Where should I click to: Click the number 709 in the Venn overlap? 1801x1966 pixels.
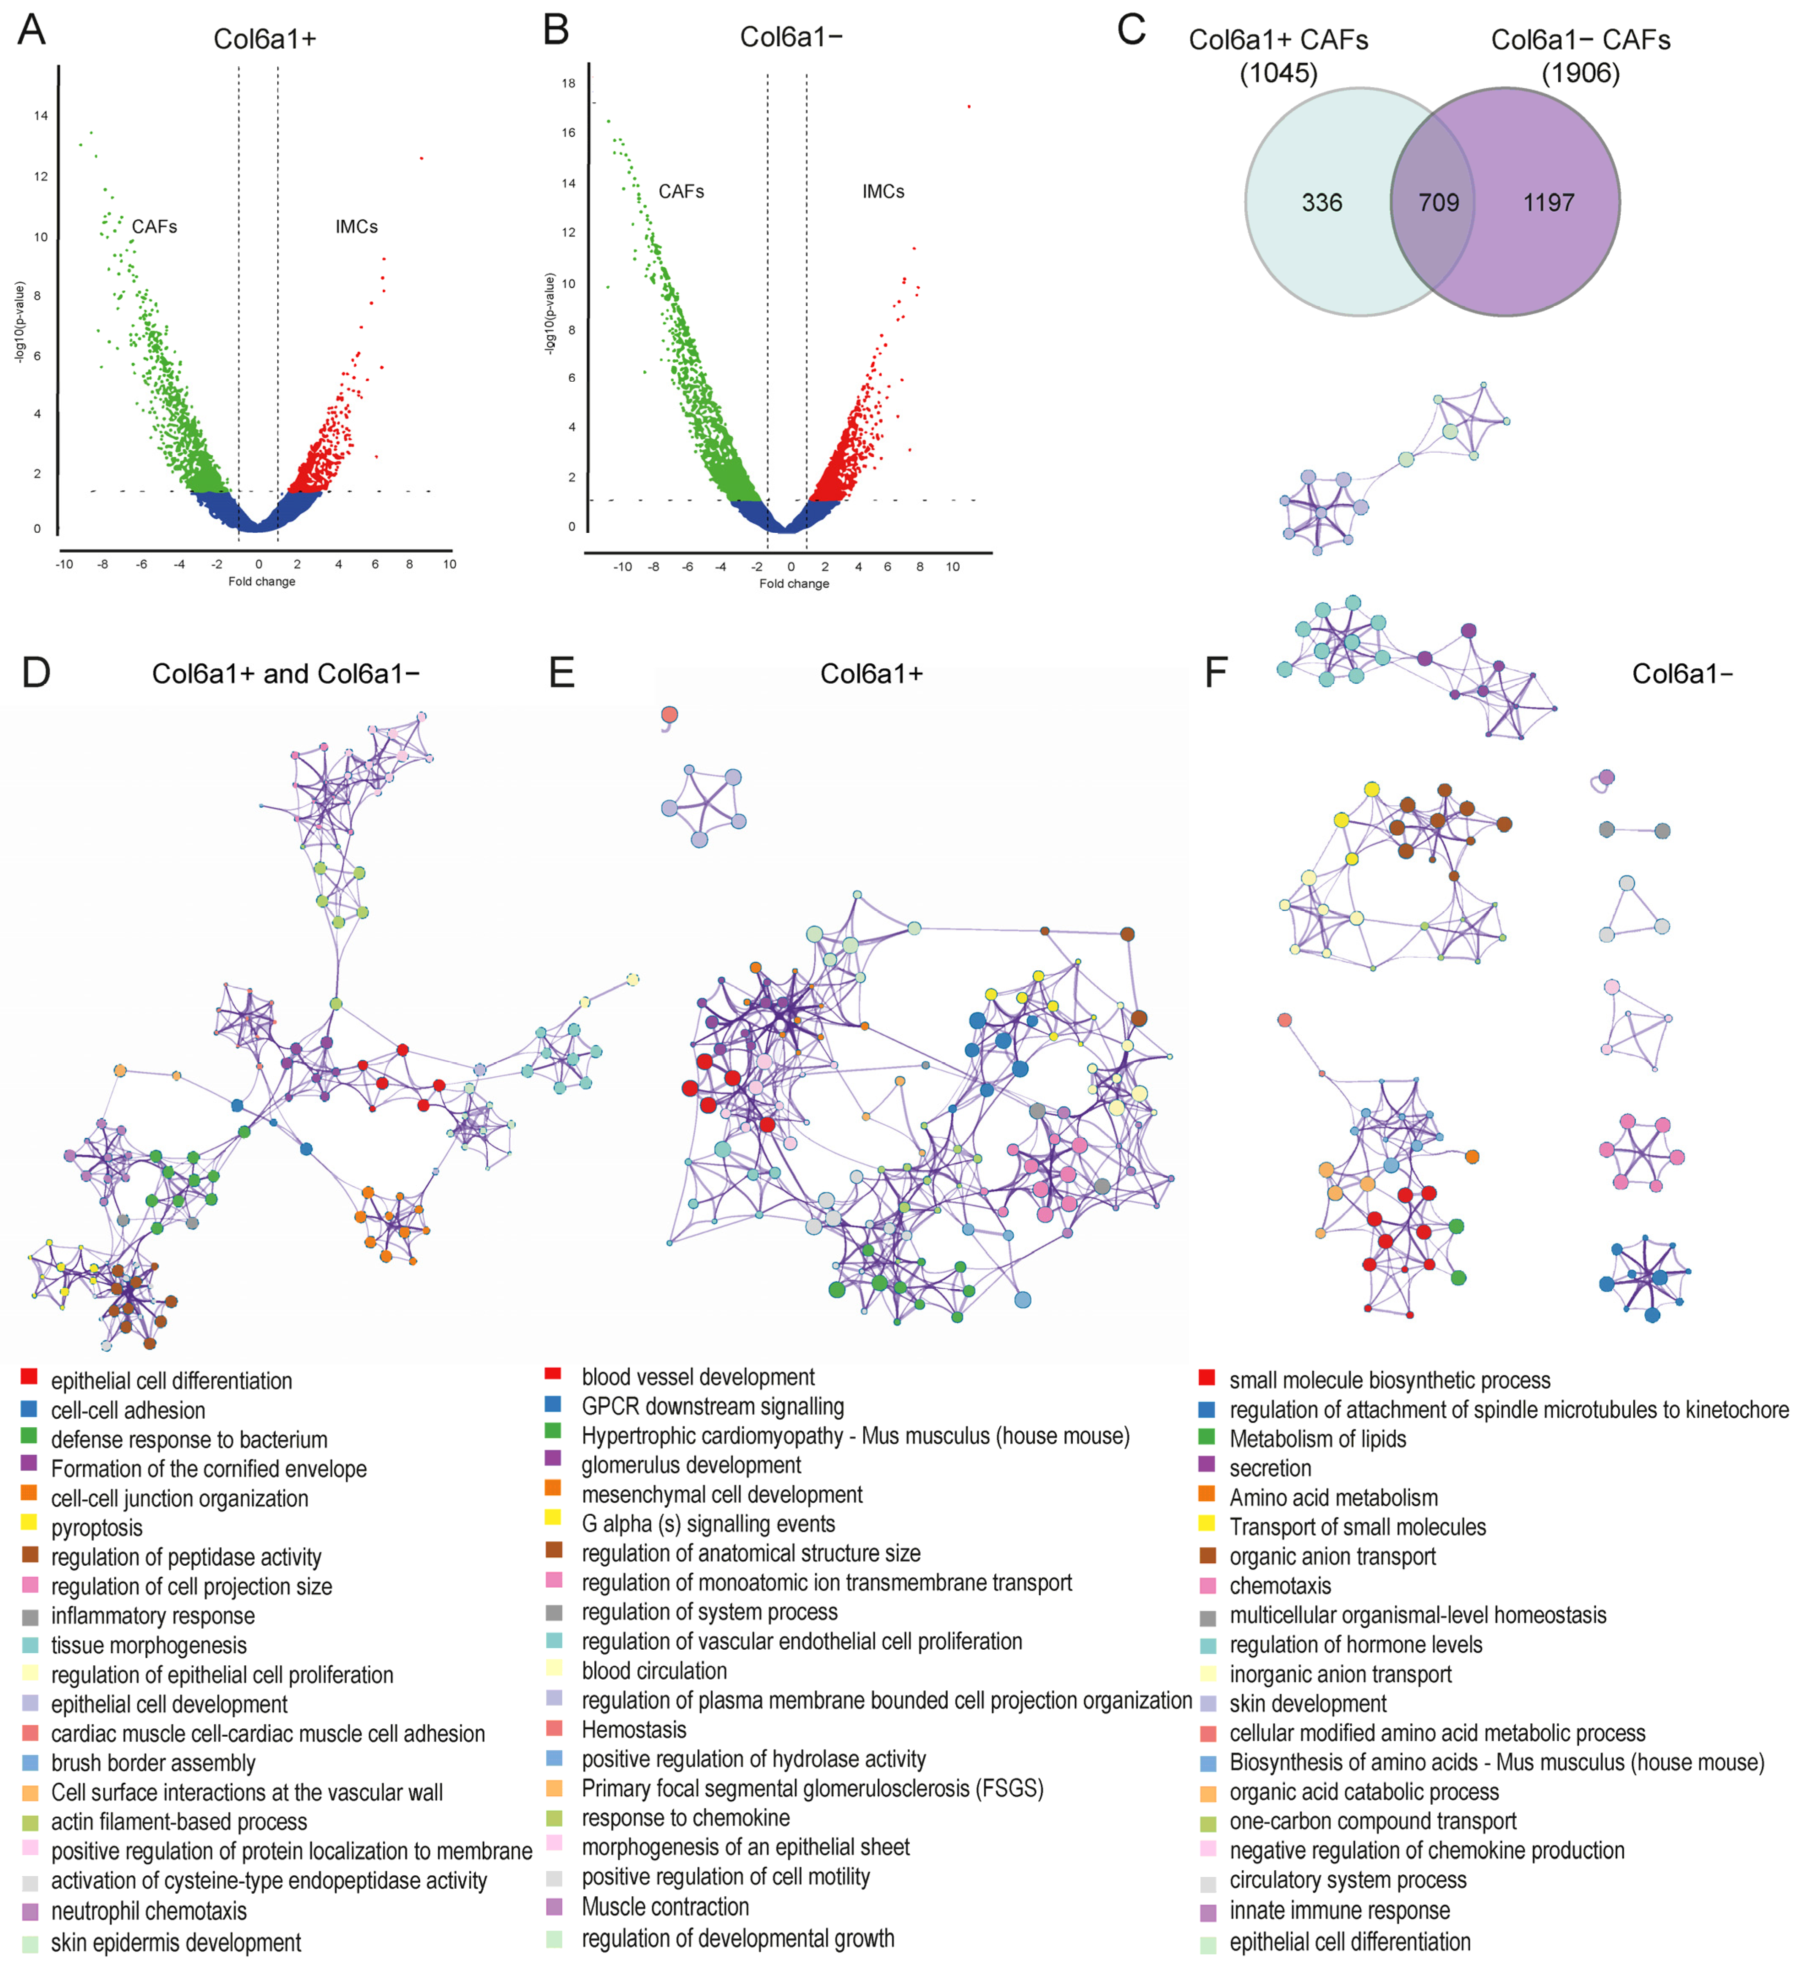click(x=1438, y=203)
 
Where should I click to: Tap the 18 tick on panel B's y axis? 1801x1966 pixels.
click(x=569, y=84)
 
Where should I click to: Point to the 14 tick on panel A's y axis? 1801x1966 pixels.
click(x=41, y=116)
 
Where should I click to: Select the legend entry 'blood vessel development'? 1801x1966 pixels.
click(x=698, y=1377)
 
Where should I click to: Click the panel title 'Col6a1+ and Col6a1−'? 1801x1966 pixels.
click(x=286, y=674)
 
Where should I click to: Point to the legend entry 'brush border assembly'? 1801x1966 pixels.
click(x=153, y=1763)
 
